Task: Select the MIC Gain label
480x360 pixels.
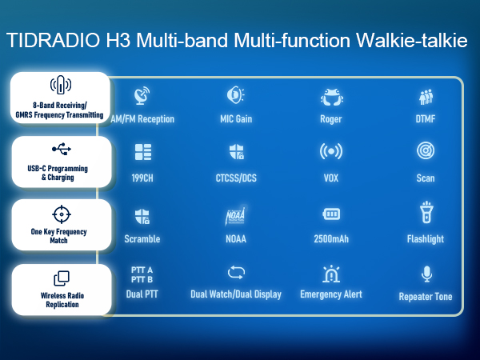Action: click(236, 119)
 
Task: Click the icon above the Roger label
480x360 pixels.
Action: click(330, 97)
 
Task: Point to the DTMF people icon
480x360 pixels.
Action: click(426, 97)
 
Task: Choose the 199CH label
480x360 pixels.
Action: click(142, 178)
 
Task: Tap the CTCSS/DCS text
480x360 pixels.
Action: click(236, 178)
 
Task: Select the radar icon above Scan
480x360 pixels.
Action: click(426, 151)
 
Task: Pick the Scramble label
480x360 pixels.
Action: click(142, 238)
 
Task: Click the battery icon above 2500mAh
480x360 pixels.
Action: click(330, 214)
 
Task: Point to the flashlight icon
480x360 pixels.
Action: click(426, 213)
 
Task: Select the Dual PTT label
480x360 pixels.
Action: click(142, 294)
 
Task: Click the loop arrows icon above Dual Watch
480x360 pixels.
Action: click(236, 272)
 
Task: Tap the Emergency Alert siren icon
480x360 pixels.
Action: click(330, 274)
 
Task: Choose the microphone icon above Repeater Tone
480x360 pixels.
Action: click(426, 274)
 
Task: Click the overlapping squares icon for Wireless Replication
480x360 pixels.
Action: click(61, 278)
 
